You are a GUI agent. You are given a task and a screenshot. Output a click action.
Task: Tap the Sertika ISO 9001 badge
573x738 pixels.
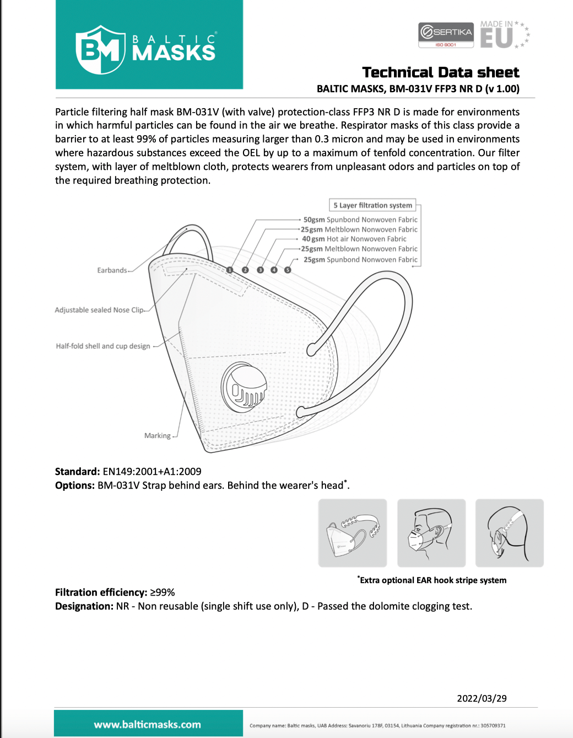click(446, 35)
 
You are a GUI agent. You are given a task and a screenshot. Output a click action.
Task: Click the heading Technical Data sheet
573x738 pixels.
click(440, 72)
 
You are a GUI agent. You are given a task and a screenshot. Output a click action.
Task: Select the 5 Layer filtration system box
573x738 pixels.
click(372, 205)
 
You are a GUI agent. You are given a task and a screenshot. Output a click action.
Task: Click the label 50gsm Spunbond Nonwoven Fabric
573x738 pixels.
click(360, 220)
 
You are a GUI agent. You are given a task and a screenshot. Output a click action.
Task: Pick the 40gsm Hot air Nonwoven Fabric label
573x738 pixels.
click(354, 239)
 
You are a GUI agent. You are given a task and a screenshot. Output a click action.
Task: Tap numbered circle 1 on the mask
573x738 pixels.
click(230, 270)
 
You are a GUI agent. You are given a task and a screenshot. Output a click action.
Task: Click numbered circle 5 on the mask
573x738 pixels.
click(288, 270)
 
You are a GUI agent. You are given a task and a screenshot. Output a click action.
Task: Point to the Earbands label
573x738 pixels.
click(112, 270)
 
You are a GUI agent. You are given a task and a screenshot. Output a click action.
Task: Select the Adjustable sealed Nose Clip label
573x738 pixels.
click(99, 310)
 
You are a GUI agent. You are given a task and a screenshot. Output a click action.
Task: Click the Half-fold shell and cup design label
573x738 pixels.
click(102, 346)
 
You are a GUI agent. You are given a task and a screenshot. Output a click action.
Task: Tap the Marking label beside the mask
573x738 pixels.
click(157, 436)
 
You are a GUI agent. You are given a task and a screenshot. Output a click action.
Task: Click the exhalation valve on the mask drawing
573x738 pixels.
click(244, 387)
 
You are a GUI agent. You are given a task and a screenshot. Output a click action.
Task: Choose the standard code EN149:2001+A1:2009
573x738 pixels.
click(152, 472)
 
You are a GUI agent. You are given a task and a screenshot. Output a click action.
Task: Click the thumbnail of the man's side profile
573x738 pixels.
click(431, 533)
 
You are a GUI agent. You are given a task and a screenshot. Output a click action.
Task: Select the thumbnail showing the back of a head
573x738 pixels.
click(509, 533)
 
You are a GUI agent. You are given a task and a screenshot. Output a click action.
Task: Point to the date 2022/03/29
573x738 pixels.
click(482, 698)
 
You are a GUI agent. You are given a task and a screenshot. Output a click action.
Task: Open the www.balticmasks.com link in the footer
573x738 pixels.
click(147, 724)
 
